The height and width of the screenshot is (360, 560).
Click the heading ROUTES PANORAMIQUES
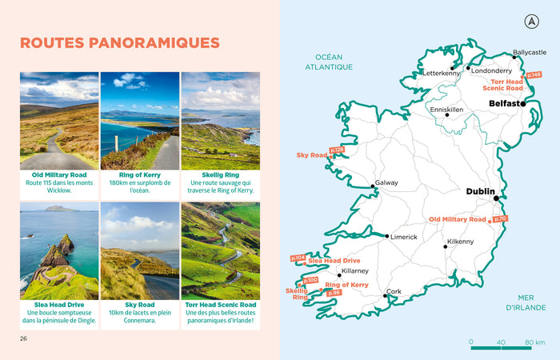(120, 42)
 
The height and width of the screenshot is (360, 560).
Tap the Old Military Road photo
(59, 120)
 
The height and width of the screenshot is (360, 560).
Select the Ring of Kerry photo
(140, 120)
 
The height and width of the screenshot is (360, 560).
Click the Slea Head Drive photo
(59, 250)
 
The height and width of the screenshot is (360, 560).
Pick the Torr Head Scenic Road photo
(221, 250)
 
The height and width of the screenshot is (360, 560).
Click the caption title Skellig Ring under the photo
(221, 174)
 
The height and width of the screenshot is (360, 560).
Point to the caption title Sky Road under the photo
(140, 305)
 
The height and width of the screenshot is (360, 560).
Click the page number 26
(24, 338)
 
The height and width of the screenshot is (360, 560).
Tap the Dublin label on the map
(481, 191)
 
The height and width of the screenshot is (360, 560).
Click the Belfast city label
(504, 104)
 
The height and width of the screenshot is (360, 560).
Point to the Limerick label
(404, 237)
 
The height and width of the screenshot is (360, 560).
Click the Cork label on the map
(394, 292)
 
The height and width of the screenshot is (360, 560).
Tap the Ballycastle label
(530, 52)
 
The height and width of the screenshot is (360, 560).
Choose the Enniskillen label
(448, 110)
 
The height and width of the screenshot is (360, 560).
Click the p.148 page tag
(534, 75)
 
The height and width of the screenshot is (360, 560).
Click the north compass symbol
(530, 20)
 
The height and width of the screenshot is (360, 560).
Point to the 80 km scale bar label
(535, 342)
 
